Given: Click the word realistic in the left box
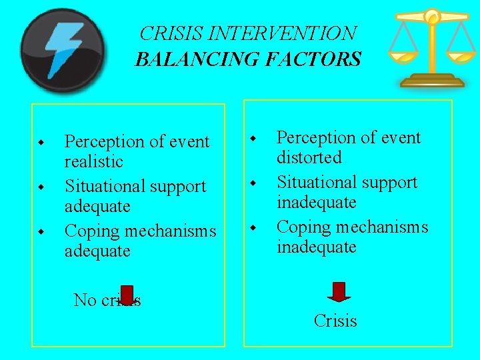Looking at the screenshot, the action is pos(93,162).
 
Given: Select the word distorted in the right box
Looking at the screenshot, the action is pos(309,158).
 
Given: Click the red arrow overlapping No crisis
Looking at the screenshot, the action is pos(127,297).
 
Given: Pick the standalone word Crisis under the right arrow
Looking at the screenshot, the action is pos(335,321).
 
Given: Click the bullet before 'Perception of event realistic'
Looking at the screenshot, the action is pos(41,143).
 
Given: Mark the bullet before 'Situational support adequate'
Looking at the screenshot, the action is pos(41,186).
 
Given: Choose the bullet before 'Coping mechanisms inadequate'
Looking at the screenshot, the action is pos(253,228).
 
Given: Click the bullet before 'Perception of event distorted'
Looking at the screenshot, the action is pos(253,139).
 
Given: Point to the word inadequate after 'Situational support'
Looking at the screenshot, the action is pos(316,202).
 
